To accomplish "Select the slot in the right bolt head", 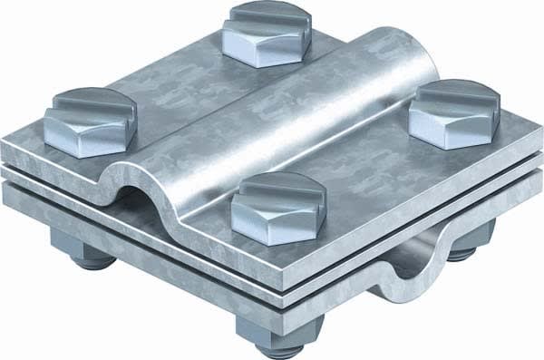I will click(452, 98).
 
